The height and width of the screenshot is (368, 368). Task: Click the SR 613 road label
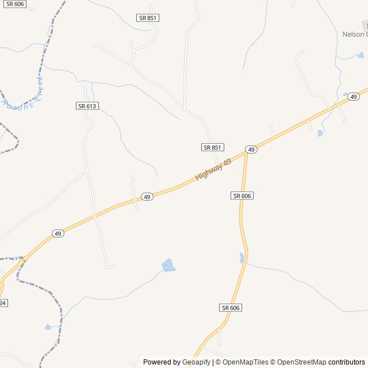(x=87, y=106)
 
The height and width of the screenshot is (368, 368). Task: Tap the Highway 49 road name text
(x=213, y=170)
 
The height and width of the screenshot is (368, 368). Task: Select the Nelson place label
(x=354, y=34)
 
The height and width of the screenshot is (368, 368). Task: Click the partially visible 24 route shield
(x=3, y=302)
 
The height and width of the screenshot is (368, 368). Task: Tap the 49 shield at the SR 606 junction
(x=251, y=149)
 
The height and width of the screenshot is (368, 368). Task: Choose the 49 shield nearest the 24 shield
(x=57, y=233)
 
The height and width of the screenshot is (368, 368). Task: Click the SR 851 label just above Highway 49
(x=212, y=148)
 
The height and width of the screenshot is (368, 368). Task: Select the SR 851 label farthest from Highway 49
(x=148, y=18)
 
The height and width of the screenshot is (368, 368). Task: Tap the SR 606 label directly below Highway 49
(x=243, y=196)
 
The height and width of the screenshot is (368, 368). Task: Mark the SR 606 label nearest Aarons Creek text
(x=16, y=3)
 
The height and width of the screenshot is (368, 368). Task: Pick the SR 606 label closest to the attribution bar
(x=231, y=308)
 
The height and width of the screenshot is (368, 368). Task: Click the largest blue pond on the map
(x=168, y=265)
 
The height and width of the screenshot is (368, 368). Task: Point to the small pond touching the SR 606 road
(x=242, y=258)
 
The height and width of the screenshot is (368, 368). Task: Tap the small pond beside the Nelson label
(x=361, y=56)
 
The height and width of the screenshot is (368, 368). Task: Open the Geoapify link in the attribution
(x=196, y=362)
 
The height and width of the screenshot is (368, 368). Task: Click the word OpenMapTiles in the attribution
(x=245, y=362)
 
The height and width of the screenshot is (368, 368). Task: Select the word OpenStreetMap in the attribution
(x=302, y=362)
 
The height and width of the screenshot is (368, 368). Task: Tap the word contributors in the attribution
(x=347, y=362)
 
